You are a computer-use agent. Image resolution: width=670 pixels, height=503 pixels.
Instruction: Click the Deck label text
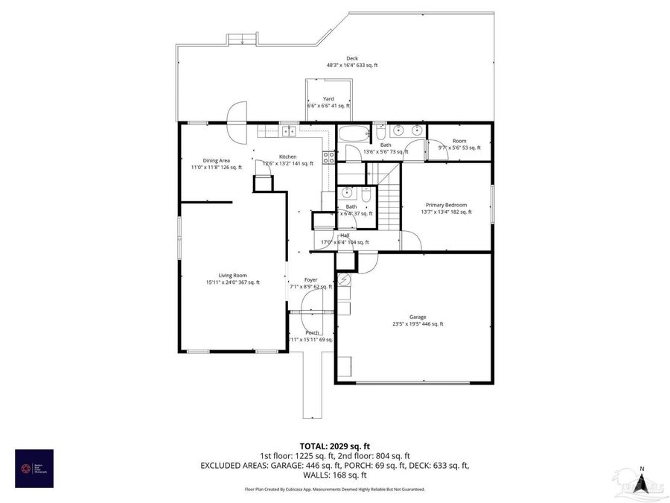pyautogui.click(x=352, y=58)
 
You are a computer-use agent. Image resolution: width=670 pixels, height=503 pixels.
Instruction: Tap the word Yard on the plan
pyautogui.click(x=328, y=98)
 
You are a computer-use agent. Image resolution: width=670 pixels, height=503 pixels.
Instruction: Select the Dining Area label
pyautogui.click(x=216, y=160)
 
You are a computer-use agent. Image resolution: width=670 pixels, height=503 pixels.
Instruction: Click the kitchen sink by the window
pyautogui.click(x=288, y=132)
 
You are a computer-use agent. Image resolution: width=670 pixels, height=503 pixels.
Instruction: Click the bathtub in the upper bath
pyautogui.click(x=354, y=135)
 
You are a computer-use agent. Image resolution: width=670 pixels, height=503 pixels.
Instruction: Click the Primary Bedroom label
pyautogui.click(x=446, y=205)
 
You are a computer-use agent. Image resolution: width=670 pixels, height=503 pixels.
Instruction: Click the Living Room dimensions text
pyautogui.click(x=233, y=282)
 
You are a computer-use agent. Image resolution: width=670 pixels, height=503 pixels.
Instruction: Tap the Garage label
pyautogui.click(x=417, y=317)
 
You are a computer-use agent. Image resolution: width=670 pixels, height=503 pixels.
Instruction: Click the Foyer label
pyautogui.click(x=310, y=279)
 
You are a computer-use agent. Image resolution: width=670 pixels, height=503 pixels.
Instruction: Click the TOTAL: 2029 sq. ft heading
pyautogui.click(x=334, y=444)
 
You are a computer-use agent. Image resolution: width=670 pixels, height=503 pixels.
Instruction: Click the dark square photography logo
pyautogui.click(x=34, y=468)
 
